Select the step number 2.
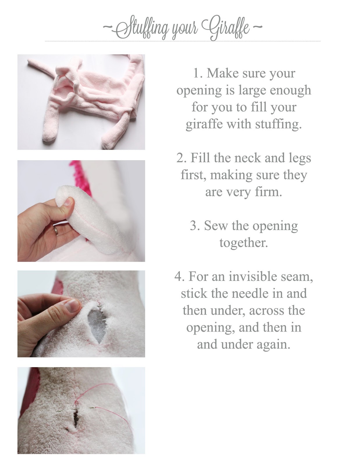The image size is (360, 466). click(182, 158)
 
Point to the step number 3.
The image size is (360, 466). click(195, 226)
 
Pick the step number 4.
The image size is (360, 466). click(180, 276)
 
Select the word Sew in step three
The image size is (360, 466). click(216, 226)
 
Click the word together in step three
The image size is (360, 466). click(244, 243)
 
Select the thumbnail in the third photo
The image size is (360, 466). click(73, 306)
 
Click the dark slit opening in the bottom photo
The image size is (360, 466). click(75, 419)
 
